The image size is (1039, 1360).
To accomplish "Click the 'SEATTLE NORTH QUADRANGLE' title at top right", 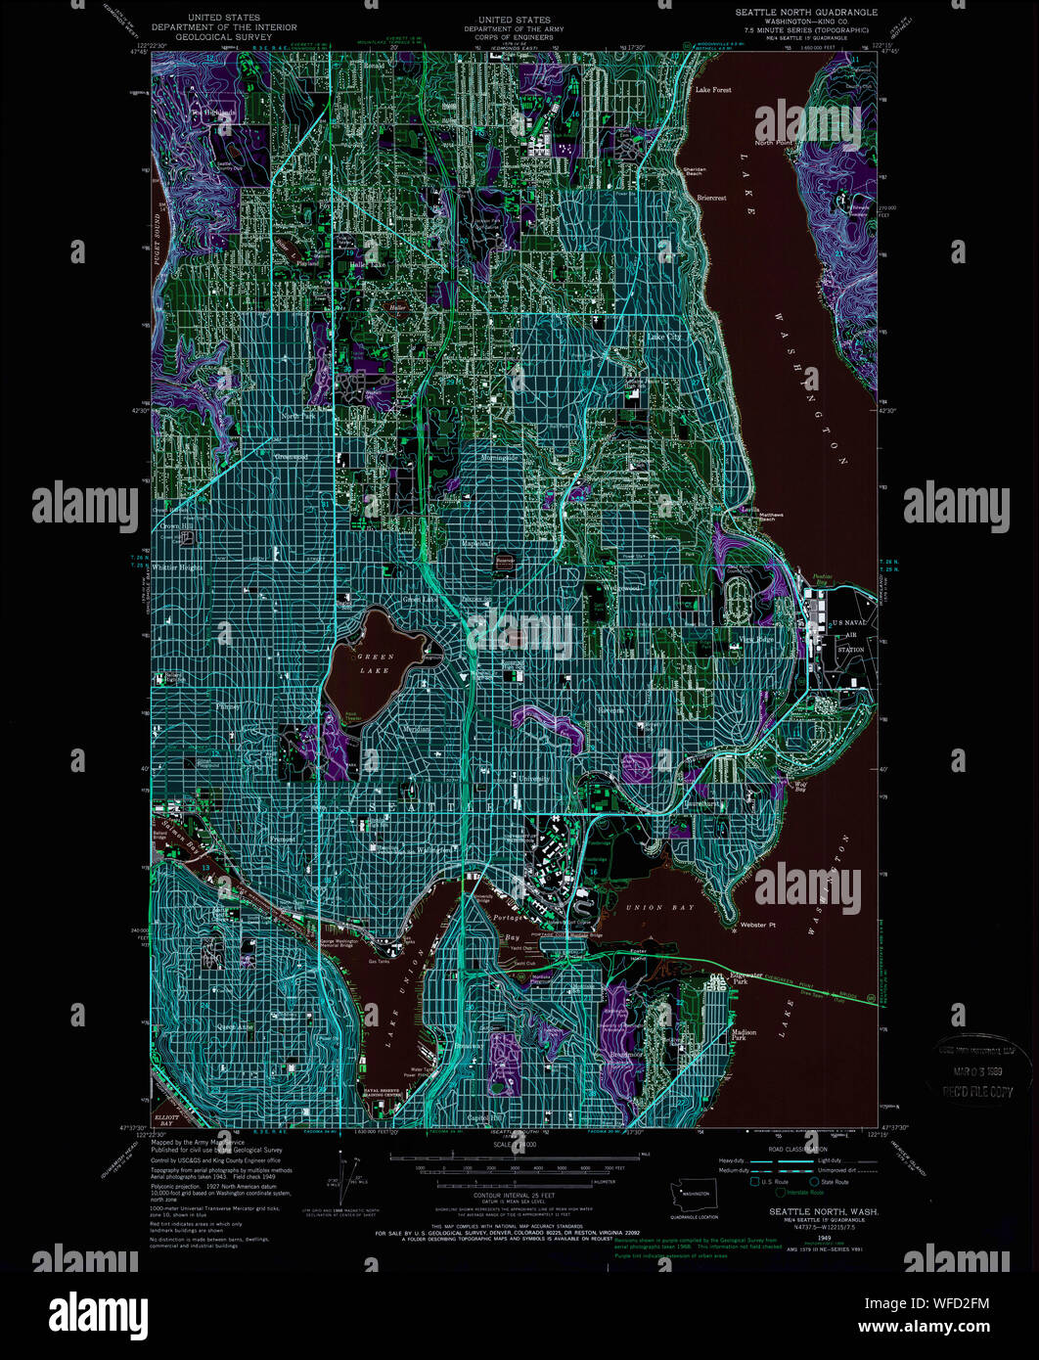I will tap(807, 12).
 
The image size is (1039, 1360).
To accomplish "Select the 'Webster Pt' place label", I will tap(758, 925).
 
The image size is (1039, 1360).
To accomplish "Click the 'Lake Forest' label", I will tap(713, 90).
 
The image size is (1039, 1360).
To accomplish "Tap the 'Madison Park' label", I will tap(744, 1035).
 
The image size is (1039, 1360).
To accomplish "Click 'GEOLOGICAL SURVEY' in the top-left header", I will tap(224, 37).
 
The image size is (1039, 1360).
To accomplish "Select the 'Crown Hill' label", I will tap(172, 525).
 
